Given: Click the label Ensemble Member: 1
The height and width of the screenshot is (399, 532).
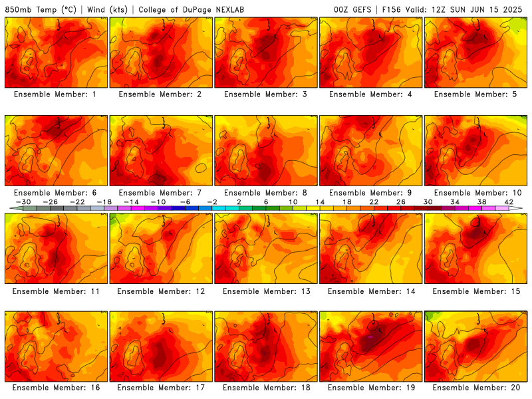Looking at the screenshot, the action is [x=55, y=94].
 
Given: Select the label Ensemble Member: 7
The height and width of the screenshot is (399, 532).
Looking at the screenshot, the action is [x=160, y=193].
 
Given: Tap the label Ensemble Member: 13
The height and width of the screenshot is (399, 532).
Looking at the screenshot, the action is [x=267, y=291].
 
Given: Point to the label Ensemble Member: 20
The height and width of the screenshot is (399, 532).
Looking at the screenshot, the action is [x=476, y=388].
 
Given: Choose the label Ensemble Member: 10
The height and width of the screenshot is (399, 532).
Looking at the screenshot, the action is [x=477, y=193].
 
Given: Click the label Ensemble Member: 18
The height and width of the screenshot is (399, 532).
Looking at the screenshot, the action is [x=267, y=388].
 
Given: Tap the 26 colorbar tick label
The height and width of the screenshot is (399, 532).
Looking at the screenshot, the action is [x=401, y=202].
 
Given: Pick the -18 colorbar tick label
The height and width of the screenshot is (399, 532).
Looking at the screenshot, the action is [x=104, y=202].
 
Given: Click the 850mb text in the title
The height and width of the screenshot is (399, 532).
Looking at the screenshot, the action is [x=19, y=9].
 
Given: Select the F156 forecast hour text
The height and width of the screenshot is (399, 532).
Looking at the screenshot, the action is [x=392, y=9].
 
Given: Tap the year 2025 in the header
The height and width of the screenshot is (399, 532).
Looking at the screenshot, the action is [x=513, y=9].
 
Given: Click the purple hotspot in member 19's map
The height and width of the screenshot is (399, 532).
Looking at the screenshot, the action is [x=370, y=337].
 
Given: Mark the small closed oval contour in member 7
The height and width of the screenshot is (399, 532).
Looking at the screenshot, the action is [x=201, y=168].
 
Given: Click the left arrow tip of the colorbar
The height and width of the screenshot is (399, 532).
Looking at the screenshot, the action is [x=10, y=208].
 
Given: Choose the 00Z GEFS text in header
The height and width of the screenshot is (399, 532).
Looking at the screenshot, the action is [x=352, y=9].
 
